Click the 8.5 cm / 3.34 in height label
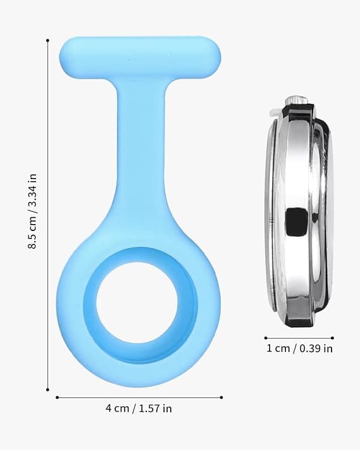click(x=32, y=211)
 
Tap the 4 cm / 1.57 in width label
click(x=139, y=408)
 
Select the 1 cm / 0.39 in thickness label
click(x=299, y=348)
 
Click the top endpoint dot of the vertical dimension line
click(x=47, y=41)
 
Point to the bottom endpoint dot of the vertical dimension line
click(x=47, y=389)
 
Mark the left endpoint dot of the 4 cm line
click(x=58, y=397)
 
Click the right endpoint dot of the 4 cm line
click(x=221, y=397)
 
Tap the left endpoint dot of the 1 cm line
click(x=266, y=338)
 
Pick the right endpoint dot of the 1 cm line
click(x=333, y=338)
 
